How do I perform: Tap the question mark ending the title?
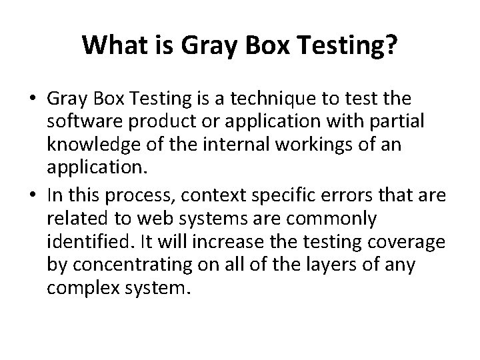[392, 45]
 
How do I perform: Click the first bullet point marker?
[33, 99]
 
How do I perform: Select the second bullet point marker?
[33, 195]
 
